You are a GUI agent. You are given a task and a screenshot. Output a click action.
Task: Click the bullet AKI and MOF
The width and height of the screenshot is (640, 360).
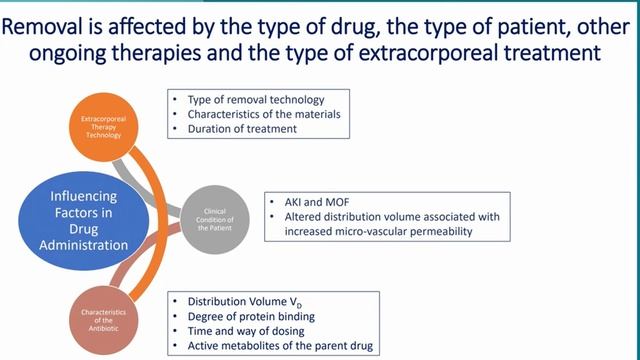(x=323, y=202)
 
